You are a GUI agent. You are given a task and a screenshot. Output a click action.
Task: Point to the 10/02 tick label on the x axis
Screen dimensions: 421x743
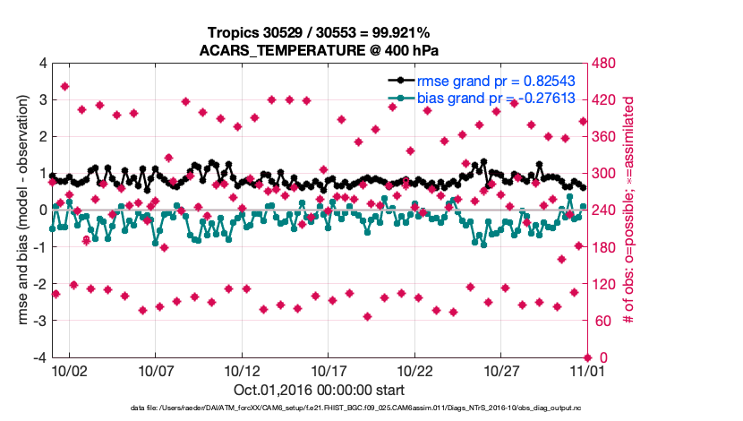pyautogui.click(x=69, y=370)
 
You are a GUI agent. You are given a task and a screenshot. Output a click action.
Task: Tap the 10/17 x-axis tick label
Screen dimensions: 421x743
pyautogui.click(x=329, y=370)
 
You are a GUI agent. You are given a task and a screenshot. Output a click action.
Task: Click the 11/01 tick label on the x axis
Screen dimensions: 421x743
pyautogui.click(x=586, y=370)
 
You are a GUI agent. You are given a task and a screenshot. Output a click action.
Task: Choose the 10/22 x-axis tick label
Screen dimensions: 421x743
pyautogui.click(x=415, y=370)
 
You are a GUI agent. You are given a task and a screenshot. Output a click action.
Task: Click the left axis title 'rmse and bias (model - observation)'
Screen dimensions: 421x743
pyautogui.click(x=18, y=210)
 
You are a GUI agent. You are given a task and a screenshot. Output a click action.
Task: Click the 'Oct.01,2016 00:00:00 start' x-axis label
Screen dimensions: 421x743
pyautogui.click(x=319, y=390)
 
